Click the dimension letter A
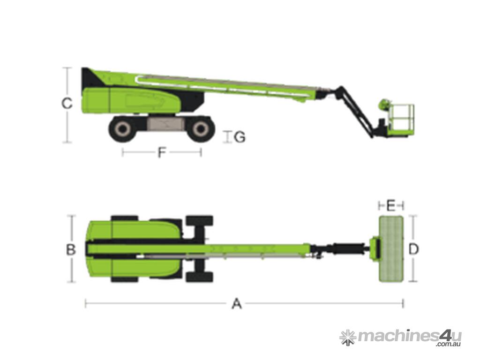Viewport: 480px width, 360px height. tap(237, 304)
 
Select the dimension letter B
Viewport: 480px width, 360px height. tap(71, 250)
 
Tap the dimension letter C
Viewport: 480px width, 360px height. tap(67, 103)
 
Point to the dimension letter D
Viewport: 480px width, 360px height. tap(413, 249)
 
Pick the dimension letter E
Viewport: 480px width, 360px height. tap(390, 206)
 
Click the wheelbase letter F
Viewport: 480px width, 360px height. tap(162, 152)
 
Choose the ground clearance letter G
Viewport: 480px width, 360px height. tap(240, 137)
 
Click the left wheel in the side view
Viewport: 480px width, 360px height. tap(122, 129)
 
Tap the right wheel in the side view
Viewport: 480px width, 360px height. tap(201, 129)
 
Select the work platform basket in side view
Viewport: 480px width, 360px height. tap(402, 118)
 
